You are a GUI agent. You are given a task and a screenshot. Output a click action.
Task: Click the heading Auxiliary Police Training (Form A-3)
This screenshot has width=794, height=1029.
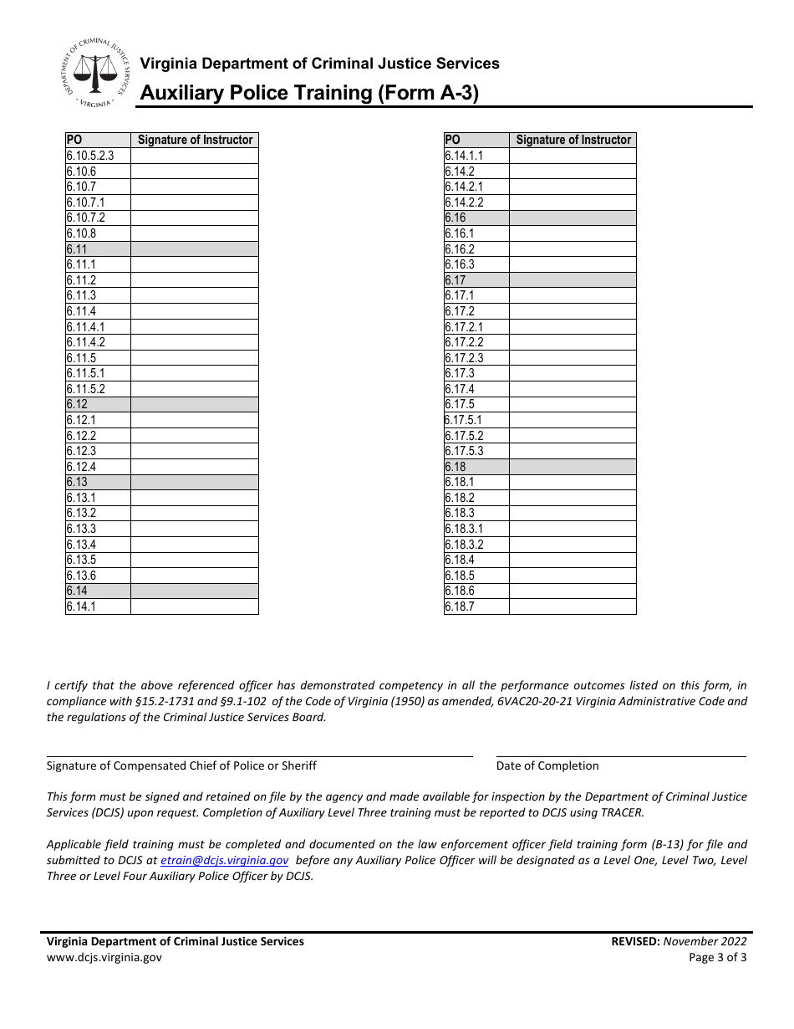click(309, 93)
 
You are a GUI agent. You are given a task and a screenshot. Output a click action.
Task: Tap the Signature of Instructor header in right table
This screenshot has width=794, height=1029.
click(573, 140)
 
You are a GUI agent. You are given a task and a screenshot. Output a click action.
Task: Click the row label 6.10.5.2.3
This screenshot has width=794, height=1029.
click(90, 156)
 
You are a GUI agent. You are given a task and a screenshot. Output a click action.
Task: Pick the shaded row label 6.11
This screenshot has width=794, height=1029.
click(77, 249)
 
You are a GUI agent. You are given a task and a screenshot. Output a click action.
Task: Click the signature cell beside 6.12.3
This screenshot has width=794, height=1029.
click(194, 452)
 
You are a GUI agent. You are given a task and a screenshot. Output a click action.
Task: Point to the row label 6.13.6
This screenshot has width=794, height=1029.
click(82, 576)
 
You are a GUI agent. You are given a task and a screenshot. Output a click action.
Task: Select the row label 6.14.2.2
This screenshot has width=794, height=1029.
click(464, 202)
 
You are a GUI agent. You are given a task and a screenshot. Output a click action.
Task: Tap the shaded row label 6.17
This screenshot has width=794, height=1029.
click(456, 280)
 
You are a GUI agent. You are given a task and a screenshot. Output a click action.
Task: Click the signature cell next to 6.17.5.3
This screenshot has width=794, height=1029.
click(573, 452)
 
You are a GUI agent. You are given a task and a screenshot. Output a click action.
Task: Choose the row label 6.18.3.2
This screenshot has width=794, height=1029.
click(464, 545)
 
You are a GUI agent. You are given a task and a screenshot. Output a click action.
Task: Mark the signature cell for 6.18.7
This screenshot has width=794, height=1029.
click(573, 607)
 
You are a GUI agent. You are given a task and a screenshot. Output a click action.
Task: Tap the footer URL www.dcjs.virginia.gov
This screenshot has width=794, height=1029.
click(104, 958)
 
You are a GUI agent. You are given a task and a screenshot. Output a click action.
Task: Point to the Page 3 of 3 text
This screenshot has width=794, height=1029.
click(717, 958)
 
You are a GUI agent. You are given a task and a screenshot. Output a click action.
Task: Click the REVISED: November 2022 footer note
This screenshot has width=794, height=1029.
click(679, 941)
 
